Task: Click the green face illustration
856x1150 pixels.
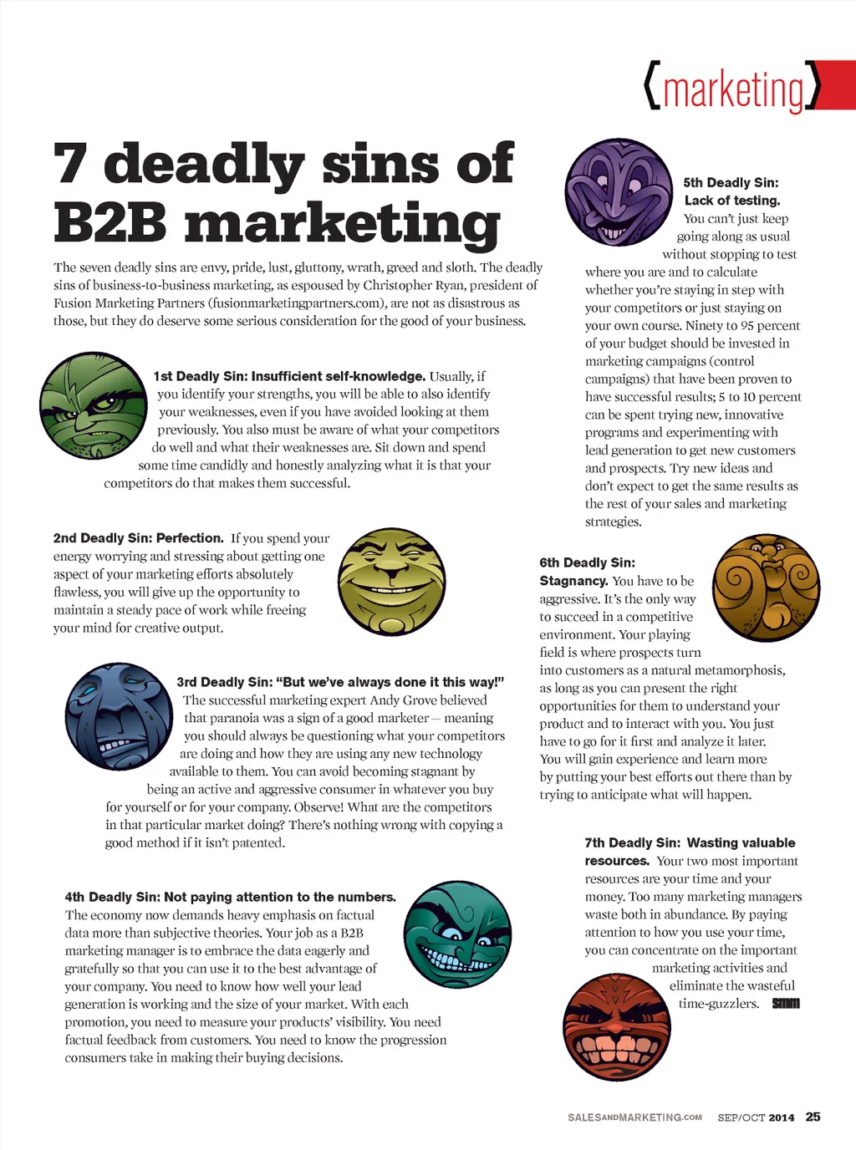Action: [94, 405]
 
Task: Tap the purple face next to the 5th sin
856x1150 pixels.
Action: [618, 192]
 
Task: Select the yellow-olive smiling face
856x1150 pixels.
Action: [391, 580]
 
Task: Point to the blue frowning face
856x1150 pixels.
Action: [118, 716]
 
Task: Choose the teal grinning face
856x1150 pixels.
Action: [456, 934]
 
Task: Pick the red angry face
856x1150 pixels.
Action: [618, 1026]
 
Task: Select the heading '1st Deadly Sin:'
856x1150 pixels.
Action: [201, 376]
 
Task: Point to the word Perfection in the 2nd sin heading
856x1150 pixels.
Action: [190, 538]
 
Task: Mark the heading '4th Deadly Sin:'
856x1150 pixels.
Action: [112, 897]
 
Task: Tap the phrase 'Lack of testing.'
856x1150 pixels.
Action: [732, 201]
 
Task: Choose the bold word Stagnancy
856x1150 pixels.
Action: [573, 581]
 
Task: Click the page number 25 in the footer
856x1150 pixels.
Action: [813, 1117]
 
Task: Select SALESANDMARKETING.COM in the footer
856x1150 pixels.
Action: [634, 1117]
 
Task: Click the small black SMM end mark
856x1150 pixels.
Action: [786, 1004]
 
